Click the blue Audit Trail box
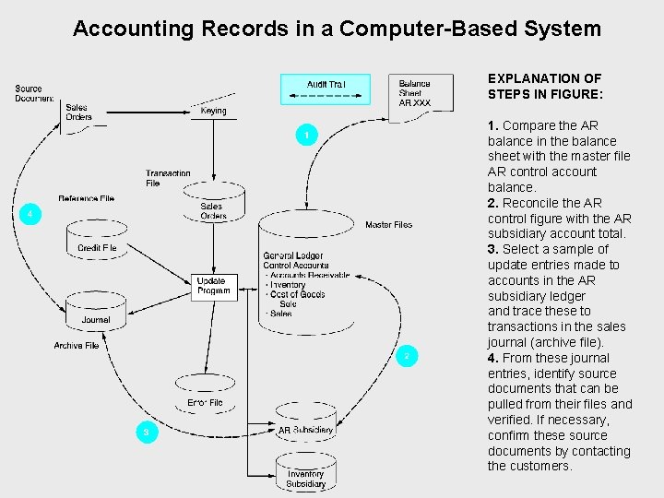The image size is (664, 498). tap(325, 89)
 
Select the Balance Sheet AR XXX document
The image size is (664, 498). tap(421, 94)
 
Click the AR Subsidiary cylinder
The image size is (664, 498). tap(305, 423)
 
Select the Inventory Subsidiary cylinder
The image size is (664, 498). tap(305, 474)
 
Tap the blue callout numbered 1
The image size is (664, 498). tap(308, 136)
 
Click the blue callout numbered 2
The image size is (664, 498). tap(407, 356)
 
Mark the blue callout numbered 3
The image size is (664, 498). tap(145, 432)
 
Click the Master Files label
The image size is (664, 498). tap(388, 225)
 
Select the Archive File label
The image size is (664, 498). tap(77, 346)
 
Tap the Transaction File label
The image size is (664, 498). tap(168, 178)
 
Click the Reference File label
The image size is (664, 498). tap(86, 198)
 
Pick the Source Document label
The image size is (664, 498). tap(34, 93)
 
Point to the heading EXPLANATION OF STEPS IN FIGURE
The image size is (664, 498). tap(545, 86)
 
